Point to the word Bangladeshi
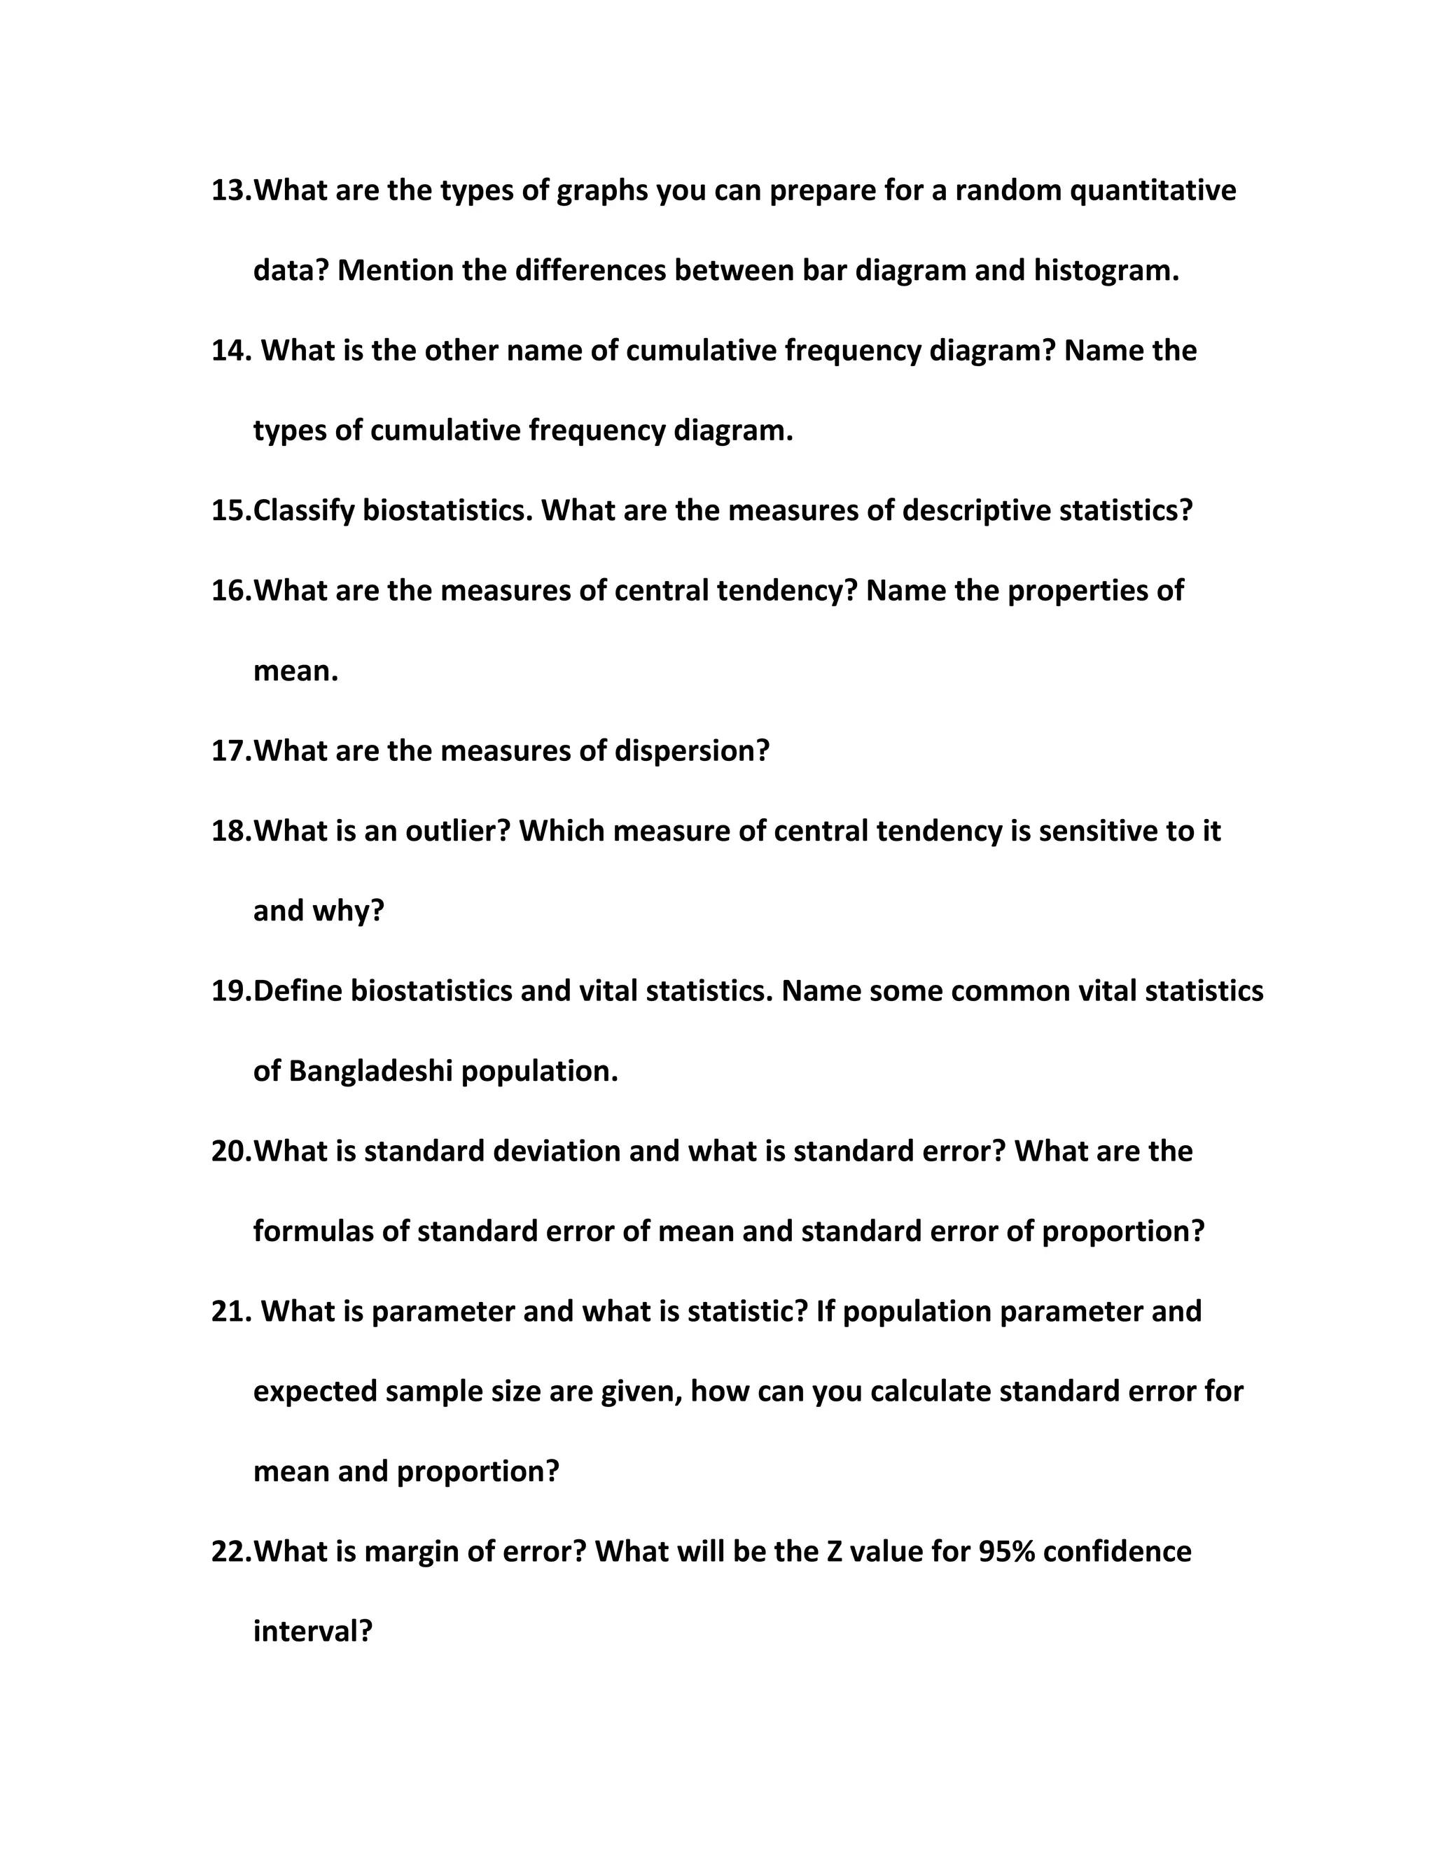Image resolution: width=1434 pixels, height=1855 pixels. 370,1071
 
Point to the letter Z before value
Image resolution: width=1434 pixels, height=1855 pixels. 834,1552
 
